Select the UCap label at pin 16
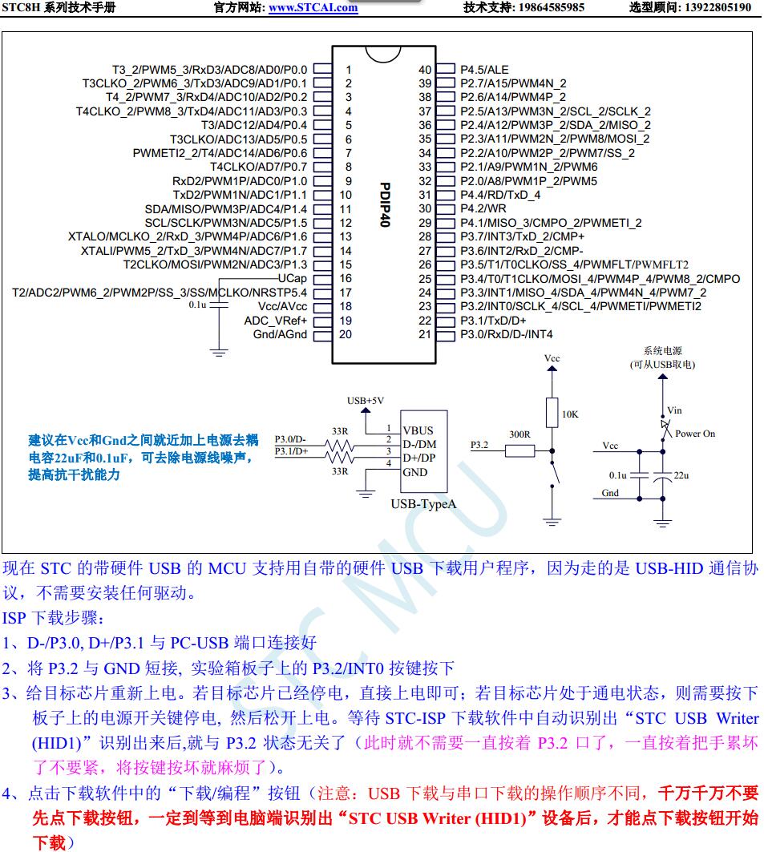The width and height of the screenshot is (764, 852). [291, 278]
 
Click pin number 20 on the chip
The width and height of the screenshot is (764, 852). [345, 334]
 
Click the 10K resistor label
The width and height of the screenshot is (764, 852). [569, 414]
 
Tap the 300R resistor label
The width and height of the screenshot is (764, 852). [519, 434]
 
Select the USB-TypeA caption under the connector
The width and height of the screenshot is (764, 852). [422, 504]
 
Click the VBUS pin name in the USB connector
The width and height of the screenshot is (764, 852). [417, 430]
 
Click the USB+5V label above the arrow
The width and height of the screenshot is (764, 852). [366, 400]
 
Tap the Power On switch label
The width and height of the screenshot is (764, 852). [694, 434]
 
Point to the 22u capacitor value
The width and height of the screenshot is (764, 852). [681, 475]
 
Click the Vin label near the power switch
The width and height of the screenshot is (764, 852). [674, 411]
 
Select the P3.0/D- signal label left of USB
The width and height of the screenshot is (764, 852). [290, 439]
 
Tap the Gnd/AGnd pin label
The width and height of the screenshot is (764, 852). [280, 334]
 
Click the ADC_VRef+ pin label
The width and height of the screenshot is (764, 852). [276, 321]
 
